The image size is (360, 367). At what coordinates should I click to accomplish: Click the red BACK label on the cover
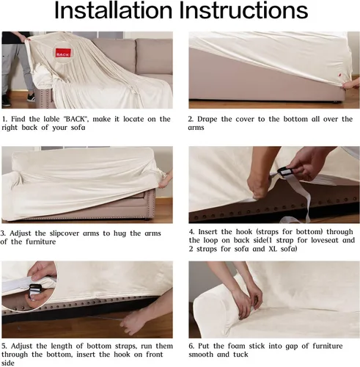click(63, 53)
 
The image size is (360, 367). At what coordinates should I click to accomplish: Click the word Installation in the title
click(113, 10)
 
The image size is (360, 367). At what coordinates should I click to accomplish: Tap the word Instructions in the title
click(243, 10)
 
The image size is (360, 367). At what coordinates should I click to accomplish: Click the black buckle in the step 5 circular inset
click(34, 291)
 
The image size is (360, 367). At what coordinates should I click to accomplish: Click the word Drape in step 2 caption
click(207, 120)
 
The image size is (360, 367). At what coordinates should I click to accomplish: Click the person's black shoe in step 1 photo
click(6, 101)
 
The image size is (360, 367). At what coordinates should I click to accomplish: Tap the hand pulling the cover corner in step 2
click(350, 85)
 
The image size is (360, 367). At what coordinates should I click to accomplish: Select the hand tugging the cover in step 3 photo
click(166, 180)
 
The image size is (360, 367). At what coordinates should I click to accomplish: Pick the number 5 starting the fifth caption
click(4, 346)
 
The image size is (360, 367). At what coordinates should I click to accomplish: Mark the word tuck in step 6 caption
click(240, 355)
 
